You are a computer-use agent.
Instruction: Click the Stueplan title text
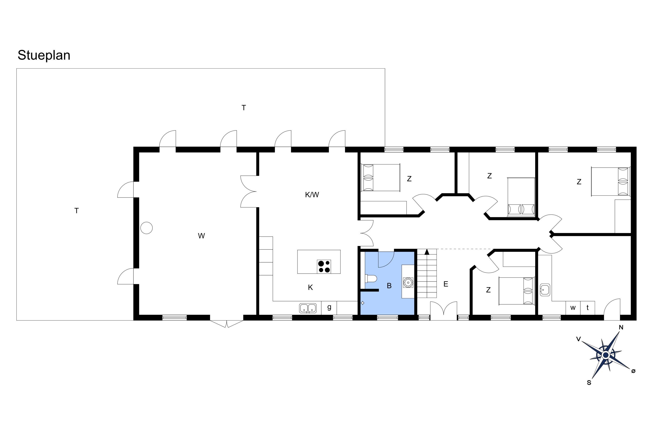[x=44, y=55]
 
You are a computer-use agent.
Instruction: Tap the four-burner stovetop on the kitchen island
[x=324, y=266]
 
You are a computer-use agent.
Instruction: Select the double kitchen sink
[x=308, y=308]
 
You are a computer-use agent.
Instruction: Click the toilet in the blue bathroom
[x=371, y=278]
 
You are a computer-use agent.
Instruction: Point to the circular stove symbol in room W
[x=146, y=228]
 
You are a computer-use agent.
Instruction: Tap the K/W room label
[x=312, y=195]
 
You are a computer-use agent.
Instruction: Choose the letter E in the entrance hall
[x=446, y=284]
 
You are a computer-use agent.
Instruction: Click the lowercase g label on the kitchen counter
[x=329, y=307]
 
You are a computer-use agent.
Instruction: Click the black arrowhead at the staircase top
[x=427, y=252]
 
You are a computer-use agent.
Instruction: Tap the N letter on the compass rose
[x=621, y=327]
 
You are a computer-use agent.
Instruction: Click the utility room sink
[x=545, y=290]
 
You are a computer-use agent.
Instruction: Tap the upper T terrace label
[x=244, y=108]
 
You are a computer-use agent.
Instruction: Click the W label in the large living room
[x=201, y=236]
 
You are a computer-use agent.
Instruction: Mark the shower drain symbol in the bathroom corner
[x=363, y=303]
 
